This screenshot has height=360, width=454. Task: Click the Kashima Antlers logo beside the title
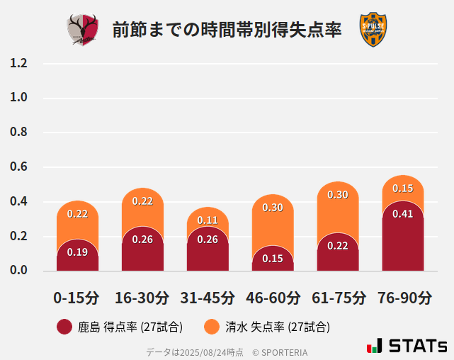[83, 30]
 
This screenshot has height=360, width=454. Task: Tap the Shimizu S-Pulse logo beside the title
[373, 30]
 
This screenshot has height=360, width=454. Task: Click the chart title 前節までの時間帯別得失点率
[227, 30]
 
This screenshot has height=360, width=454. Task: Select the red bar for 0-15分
[77, 255]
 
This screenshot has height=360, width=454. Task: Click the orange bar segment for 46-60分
[273, 220]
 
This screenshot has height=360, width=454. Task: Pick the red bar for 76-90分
[402, 237]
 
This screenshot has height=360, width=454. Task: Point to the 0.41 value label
[402, 214]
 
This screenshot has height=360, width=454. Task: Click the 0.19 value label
[77, 252]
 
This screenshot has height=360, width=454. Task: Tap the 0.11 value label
[208, 220]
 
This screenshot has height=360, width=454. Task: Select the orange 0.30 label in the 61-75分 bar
[338, 194]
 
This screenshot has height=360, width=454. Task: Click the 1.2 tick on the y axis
[18, 63]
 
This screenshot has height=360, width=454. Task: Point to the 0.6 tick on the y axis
[18, 167]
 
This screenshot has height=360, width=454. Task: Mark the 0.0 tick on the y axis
[18, 270]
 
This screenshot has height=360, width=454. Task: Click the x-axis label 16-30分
[142, 298]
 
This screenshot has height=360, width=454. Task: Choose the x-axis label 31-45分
[208, 298]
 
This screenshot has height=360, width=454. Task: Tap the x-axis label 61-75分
[338, 298]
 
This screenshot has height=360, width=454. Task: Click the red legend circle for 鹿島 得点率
[64, 327]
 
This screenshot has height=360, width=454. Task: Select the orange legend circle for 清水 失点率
[211, 327]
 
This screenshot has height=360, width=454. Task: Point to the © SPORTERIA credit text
[280, 351]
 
